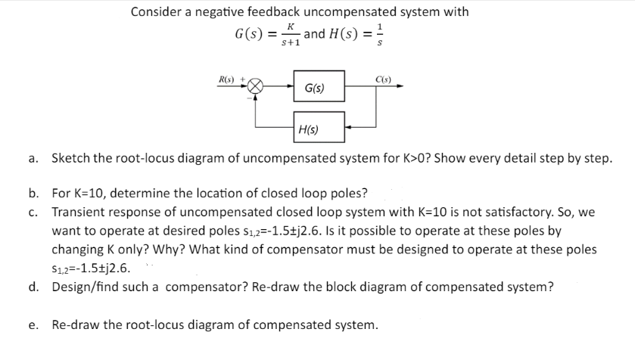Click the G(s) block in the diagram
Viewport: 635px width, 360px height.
click(x=319, y=89)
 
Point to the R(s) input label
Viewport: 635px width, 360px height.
click(x=226, y=78)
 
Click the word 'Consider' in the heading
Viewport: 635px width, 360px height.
click(x=157, y=12)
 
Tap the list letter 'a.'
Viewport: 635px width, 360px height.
click(x=34, y=160)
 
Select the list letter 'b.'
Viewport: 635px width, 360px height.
click(x=34, y=192)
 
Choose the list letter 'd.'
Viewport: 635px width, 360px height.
click(x=34, y=287)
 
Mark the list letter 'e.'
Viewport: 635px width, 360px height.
click(x=34, y=325)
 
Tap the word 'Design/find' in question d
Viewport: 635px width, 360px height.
click(x=86, y=287)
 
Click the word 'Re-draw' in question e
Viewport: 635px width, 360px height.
click(x=74, y=325)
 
